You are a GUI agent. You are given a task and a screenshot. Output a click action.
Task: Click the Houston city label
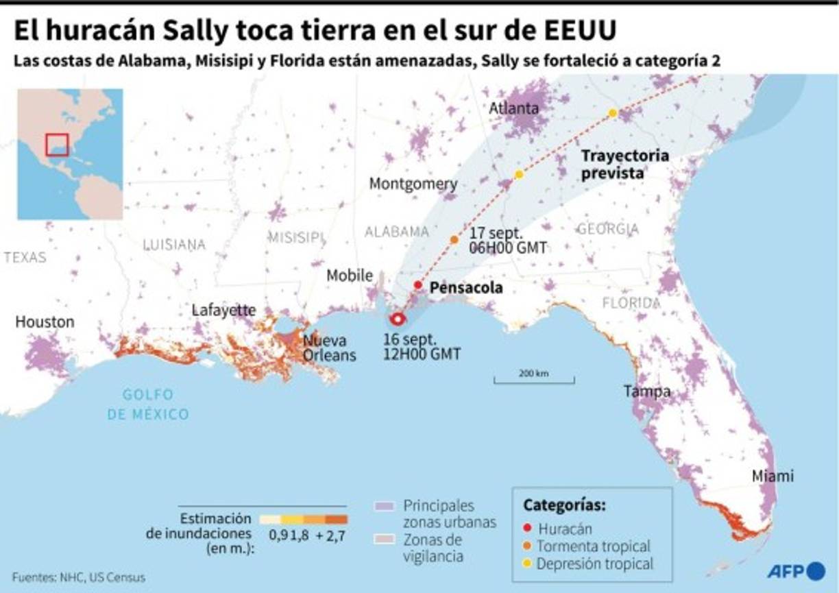click(x=45, y=322)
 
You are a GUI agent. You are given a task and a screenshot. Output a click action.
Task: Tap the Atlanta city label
click(x=513, y=108)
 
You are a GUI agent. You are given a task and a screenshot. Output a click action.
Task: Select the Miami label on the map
click(x=773, y=476)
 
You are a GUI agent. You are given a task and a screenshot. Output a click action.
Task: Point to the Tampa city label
click(x=646, y=391)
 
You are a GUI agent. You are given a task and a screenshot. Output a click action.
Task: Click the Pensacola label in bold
click(x=465, y=288)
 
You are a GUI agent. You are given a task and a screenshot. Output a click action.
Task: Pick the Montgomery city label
click(x=413, y=184)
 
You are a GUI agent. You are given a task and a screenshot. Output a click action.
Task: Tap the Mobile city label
click(x=349, y=276)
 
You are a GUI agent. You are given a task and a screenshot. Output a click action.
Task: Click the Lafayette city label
click(x=223, y=310)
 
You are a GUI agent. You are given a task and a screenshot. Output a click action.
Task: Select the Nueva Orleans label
click(x=330, y=348)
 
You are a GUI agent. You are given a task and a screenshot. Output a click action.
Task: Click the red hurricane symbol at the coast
click(x=397, y=318)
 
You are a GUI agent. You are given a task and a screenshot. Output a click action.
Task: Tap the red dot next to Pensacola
click(x=417, y=285)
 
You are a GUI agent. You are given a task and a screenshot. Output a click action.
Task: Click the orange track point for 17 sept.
click(x=454, y=239)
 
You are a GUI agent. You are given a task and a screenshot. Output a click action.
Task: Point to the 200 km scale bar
click(x=534, y=377)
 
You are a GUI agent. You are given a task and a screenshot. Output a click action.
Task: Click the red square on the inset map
click(x=57, y=145)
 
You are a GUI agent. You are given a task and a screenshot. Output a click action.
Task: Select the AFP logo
click(x=795, y=570)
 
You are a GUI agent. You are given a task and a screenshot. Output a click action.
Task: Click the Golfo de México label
click(x=148, y=404)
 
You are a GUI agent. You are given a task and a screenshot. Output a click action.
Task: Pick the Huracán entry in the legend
click(x=564, y=529)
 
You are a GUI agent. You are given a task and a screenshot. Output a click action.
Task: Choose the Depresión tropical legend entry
click(x=594, y=564)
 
